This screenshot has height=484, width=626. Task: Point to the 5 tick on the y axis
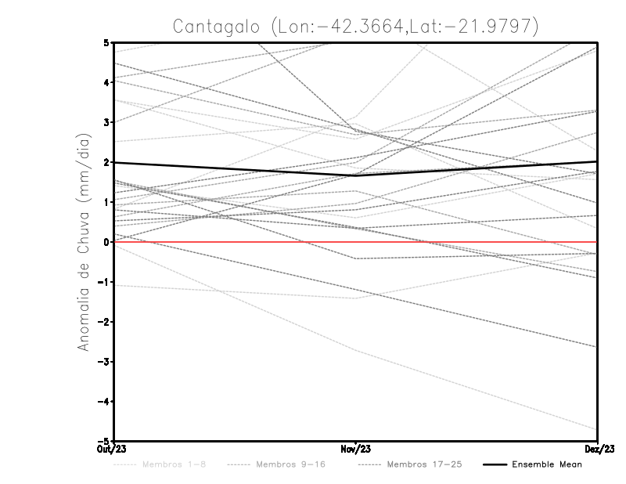click(x=106, y=43)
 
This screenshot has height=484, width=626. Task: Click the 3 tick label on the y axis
click(x=106, y=123)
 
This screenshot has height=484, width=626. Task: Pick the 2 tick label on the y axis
click(x=106, y=163)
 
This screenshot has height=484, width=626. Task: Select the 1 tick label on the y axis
click(x=106, y=202)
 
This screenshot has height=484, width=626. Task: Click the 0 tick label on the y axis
click(x=106, y=242)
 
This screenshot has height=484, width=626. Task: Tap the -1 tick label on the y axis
click(x=104, y=282)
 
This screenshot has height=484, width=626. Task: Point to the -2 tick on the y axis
click(x=104, y=322)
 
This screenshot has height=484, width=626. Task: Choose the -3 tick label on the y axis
click(x=104, y=362)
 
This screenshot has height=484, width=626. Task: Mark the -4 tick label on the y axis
click(x=104, y=402)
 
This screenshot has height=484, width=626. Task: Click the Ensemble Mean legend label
click(x=547, y=464)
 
